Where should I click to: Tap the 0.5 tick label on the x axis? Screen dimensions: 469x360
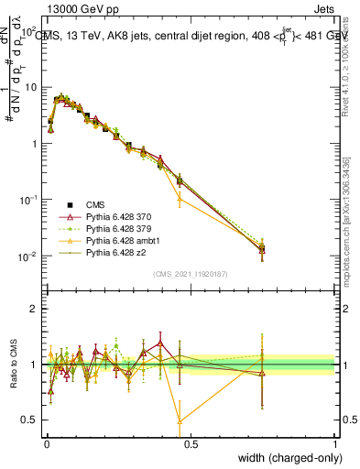[190, 444]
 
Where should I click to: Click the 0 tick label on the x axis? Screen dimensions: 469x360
[45, 444]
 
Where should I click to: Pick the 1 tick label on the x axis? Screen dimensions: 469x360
[335, 444]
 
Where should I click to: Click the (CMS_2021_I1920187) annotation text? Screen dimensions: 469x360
[191, 274]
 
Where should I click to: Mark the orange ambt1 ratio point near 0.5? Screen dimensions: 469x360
[180, 421]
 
